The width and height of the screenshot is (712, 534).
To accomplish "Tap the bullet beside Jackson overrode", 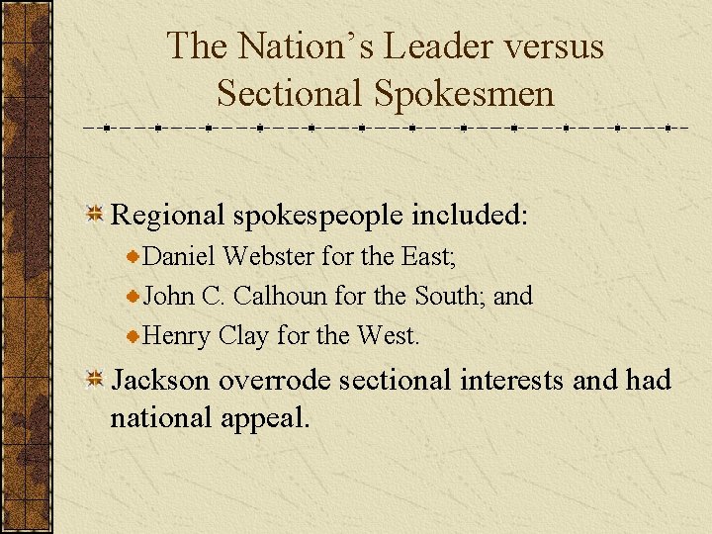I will tap(96, 380).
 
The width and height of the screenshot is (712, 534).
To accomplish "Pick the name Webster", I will tap(269, 256).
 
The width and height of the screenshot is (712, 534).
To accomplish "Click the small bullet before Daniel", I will tap(134, 257).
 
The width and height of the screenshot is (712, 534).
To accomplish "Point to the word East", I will tap(426, 256).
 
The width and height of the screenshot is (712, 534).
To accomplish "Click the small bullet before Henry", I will tap(134, 336).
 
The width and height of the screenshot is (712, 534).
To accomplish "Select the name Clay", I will tap(242, 336).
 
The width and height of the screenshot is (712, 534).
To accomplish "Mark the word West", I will tap(387, 335).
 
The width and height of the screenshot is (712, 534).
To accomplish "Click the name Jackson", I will tap(159, 380).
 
